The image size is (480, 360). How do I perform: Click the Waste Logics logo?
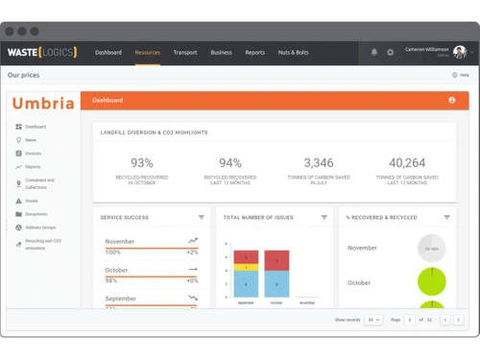pos(42,52)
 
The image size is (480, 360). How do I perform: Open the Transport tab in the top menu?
pos(185,52)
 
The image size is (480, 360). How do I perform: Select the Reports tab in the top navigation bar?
pos(254,52)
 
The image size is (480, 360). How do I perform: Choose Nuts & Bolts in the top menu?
pos(293,52)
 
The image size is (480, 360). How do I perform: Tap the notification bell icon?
pos(374,52)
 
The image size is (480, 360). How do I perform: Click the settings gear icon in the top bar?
pos(391,52)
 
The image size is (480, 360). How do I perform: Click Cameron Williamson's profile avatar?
pos(460,51)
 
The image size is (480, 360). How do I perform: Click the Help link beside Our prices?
pos(461,74)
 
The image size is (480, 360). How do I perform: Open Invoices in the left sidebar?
pos(33,153)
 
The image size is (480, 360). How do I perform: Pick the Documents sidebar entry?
pos(36,214)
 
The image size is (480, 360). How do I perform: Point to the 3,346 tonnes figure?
pos(318,163)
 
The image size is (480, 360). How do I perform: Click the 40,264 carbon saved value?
pos(407,163)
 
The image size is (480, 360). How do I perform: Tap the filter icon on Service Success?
pos(202,218)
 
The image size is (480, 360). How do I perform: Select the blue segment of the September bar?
pos(247,284)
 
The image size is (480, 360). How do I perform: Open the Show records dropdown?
pos(372,319)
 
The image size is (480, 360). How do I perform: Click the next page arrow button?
pos(459,319)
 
